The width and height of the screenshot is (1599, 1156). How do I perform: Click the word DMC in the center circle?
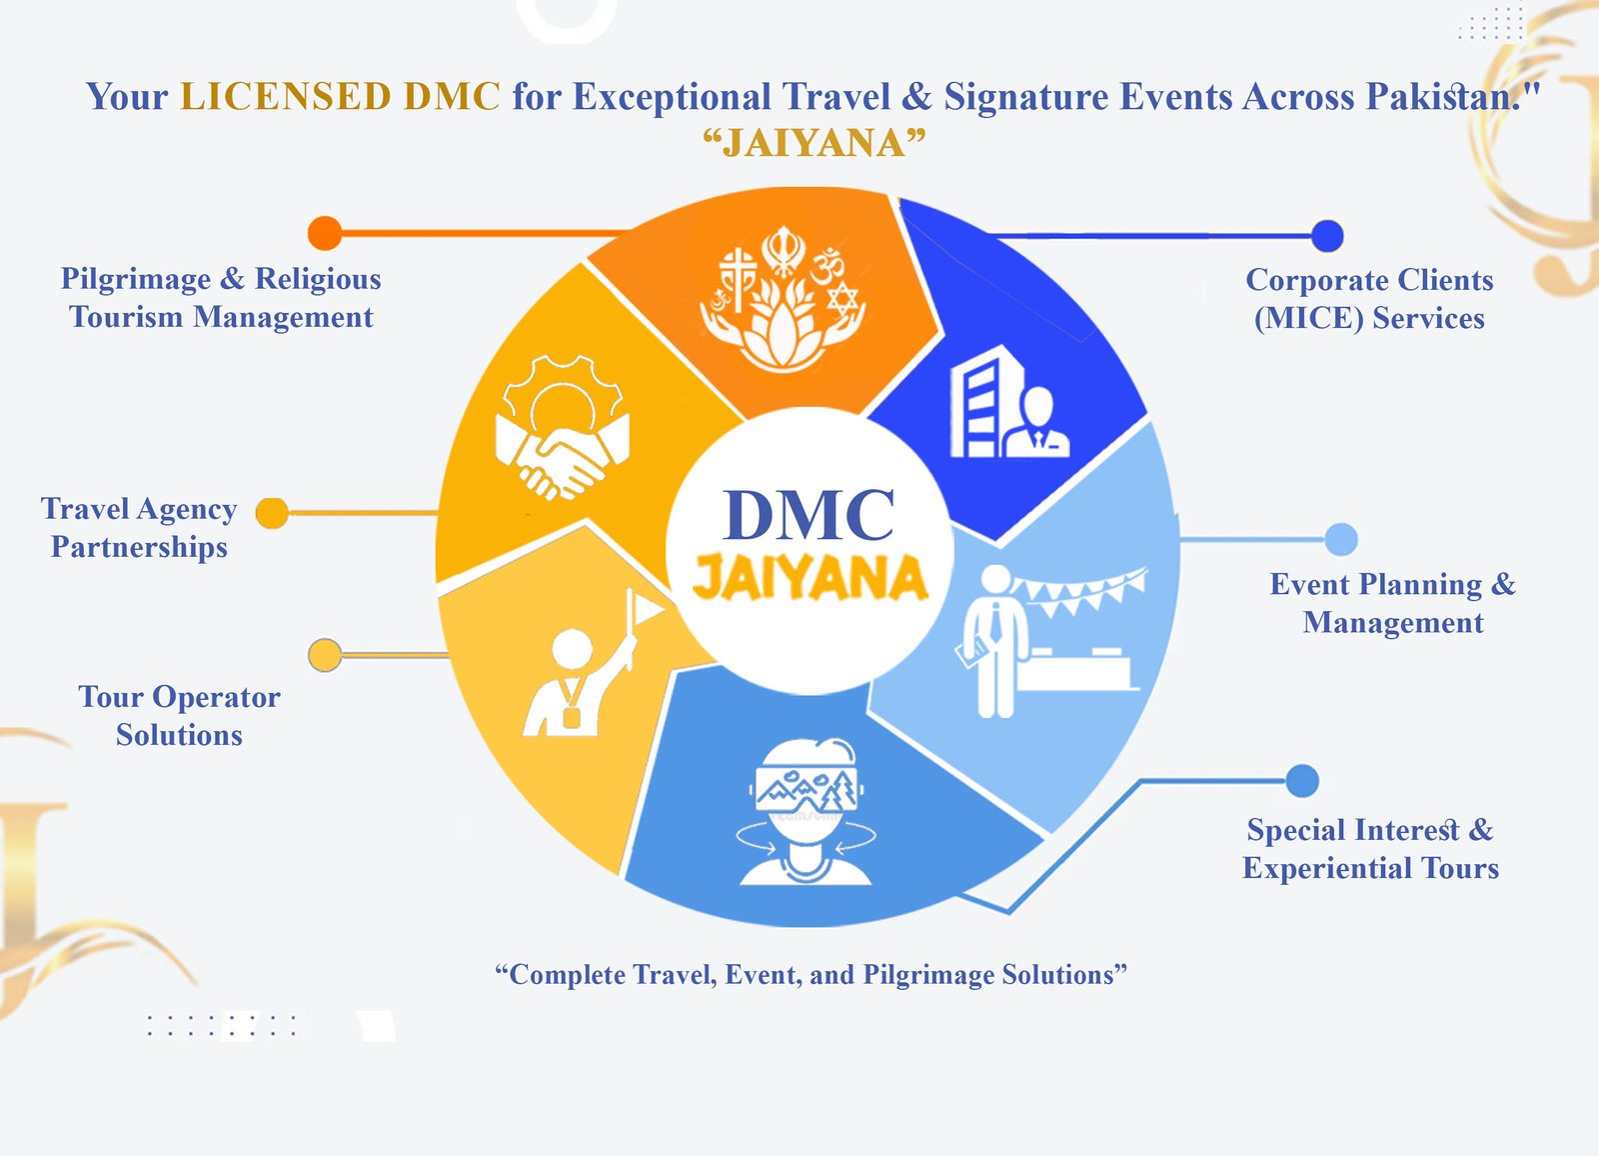pyautogui.click(x=808, y=516)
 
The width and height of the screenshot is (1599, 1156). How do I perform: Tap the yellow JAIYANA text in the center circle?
pyautogui.click(x=809, y=578)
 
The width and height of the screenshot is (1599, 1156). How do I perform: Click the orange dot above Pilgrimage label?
pyautogui.click(x=325, y=233)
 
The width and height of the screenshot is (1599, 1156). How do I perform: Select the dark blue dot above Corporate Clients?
pyautogui.click(x=1326, y=236)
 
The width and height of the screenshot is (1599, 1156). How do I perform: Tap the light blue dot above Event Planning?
pyautogui.click(x=1340, y=539)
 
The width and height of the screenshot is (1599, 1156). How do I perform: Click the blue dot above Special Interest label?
pyautogui.click(x=1301, y=781)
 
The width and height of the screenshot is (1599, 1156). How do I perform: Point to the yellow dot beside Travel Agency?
pyautogui.click(x=272, y=513)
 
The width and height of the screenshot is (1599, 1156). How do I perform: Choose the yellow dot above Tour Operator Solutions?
pyautogui.click(x=325, y=655)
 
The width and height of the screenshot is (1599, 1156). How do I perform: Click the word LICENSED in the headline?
pyautogui.click(x=285, y=97)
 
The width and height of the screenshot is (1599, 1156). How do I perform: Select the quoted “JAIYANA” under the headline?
pyautogui.click(x=813, y=143)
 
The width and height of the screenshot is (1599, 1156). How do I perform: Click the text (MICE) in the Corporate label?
pyautogui.click(x=1308, y=318)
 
